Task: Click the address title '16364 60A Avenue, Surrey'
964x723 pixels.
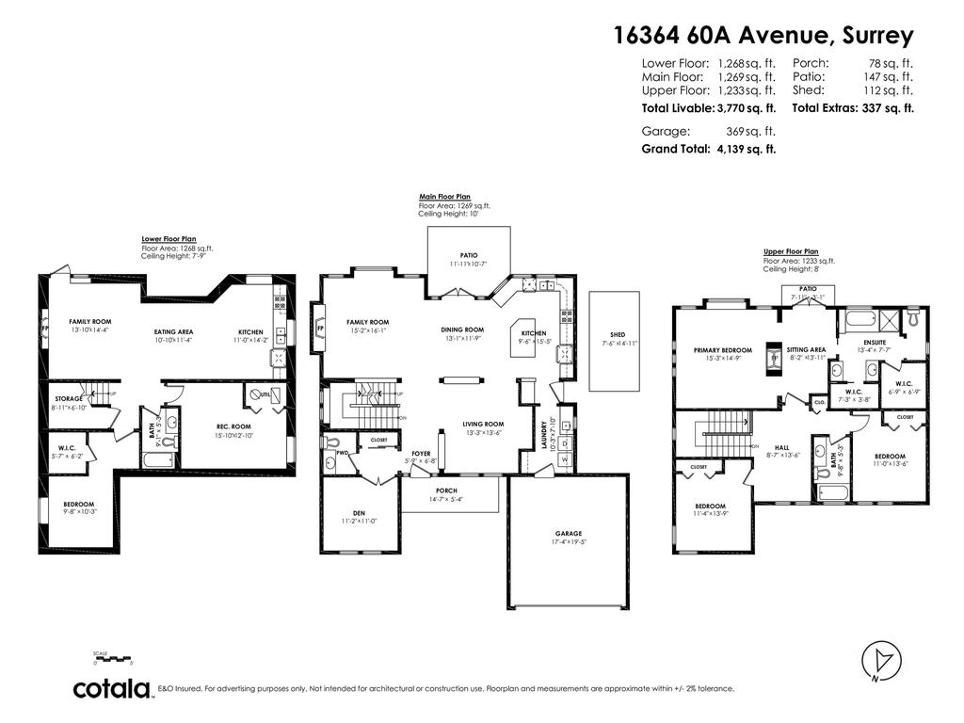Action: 763,37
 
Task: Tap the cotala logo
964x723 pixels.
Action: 113,688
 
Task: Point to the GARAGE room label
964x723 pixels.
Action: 568,533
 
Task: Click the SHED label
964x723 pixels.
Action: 618,335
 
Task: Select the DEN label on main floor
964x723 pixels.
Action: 359,513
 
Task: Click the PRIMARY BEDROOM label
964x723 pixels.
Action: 723,350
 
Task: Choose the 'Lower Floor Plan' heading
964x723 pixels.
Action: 169,240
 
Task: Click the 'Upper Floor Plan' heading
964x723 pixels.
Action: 791,252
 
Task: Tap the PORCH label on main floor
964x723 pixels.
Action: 445,490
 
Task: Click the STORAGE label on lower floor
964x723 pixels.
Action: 68,399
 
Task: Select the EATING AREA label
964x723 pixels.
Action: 173,332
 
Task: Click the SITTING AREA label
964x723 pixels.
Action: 806,350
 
